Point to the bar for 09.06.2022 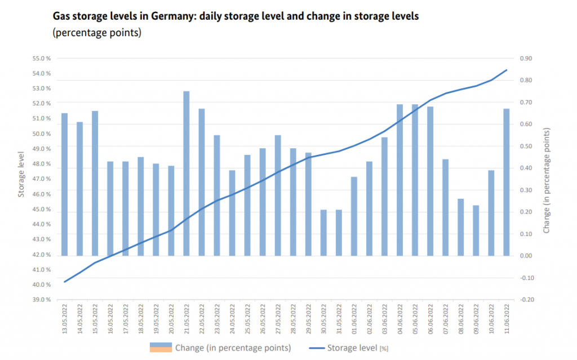[x=476, y=230]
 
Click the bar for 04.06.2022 [x=400, y=180]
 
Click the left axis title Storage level [x=21, y=175]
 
